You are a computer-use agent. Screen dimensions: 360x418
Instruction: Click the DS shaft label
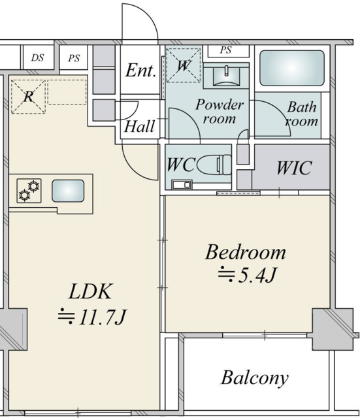point(37,57)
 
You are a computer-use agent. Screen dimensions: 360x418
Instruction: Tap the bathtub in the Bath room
point(292,68)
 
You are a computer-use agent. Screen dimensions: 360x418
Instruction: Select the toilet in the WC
point(214,165)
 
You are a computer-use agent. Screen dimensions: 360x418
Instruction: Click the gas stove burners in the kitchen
point(29,191)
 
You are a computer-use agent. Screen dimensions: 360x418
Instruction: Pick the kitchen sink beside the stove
point(68,191)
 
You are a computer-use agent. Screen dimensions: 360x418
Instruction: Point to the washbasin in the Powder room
point(227,76)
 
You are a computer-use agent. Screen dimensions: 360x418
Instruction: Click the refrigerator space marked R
point(28,97)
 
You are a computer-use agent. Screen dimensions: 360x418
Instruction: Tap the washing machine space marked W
point(183,65)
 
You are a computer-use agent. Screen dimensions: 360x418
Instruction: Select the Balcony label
point(255,378)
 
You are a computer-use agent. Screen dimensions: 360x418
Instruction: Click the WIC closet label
point(294,168)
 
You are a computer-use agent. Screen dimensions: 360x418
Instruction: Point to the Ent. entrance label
point(140,71)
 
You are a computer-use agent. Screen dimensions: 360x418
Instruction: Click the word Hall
point(139,126)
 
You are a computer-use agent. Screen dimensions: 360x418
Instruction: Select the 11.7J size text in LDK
point(91,317)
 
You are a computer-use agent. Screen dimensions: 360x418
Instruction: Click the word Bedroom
point(245,252)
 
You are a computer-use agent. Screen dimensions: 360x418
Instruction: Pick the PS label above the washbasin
point(225,50)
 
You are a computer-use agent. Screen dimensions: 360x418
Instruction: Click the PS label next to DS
point(74,58)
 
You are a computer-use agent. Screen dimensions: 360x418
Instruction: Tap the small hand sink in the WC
point(182,184)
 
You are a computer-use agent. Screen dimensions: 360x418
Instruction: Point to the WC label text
point(180,165)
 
